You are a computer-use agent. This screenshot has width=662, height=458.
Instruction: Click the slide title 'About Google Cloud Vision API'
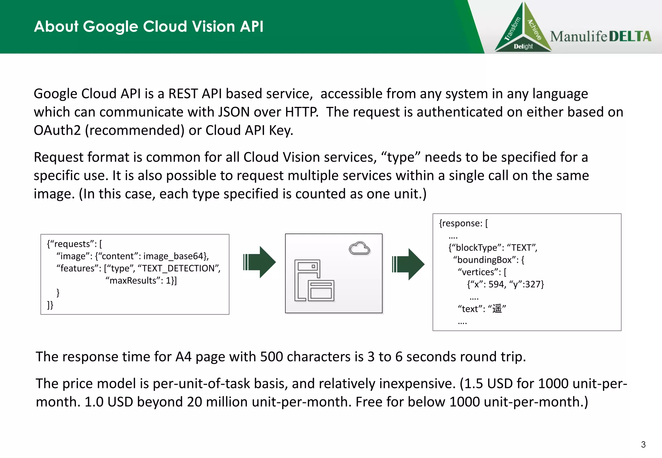pos(149,26)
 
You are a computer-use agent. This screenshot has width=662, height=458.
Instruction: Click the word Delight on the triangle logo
pos(523,46)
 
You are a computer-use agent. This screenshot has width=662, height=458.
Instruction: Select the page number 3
pos(643,444)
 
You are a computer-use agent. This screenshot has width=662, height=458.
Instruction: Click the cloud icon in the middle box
pos(359,248)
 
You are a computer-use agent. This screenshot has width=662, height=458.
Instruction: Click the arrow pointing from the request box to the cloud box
pos(259,262)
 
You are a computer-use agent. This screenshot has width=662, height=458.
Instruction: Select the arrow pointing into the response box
pos(408,264)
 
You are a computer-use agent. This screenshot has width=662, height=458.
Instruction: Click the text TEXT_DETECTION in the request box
pos(179,268)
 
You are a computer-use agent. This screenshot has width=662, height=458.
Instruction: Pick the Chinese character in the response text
pos(497,309)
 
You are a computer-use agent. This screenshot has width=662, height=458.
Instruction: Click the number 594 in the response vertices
pos(496,284)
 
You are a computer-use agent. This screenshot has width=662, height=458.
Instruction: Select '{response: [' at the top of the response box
pos(463,223)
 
